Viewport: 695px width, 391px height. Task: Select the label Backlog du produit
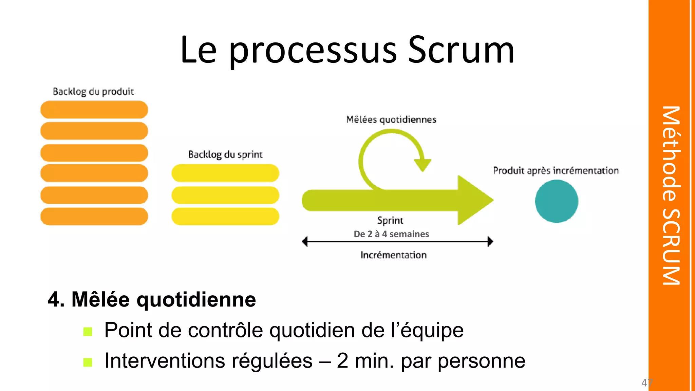pyautogui.click(x=93, y=91)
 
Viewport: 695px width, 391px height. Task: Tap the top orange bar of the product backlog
pyautogui.click(x=94, y=110)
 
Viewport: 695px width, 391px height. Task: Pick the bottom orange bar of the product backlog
pyautogui.click(x=94, y=217)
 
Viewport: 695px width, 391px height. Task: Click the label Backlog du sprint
pyautogui.click(x=225, y=154)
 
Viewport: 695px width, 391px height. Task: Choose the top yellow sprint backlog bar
pyautogui.click(x=225, y=173)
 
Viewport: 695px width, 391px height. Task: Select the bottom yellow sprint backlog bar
pyautogui.click(x=225, y=217)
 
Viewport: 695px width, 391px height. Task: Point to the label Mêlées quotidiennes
pyautogui.click(x=391, y=119)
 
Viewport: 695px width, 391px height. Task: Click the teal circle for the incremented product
pyautogui.click(x=556, y=201)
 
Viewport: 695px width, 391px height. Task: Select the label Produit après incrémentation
pyautogui.click(x=556, y=170)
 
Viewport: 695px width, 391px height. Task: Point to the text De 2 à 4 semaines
pyautogui.click(x=391, y=234)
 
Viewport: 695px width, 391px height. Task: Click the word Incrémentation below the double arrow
pyautogui.click(x=393, y=255)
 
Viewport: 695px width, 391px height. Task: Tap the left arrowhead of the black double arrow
pyautogui.click(x=305, y=242)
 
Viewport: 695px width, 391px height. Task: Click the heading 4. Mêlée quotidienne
pyautogui.click(x=152, y=299)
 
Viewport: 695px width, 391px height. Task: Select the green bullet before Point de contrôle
pyautogui.click(x=88, y=332)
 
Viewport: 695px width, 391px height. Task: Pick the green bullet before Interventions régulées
pyautogui.click(x=88, y=362)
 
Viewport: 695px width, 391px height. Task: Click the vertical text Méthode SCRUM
pyautogui.click(x=671, y=195)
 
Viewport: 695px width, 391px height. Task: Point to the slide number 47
pyautogui.click(x=647, y=383)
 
